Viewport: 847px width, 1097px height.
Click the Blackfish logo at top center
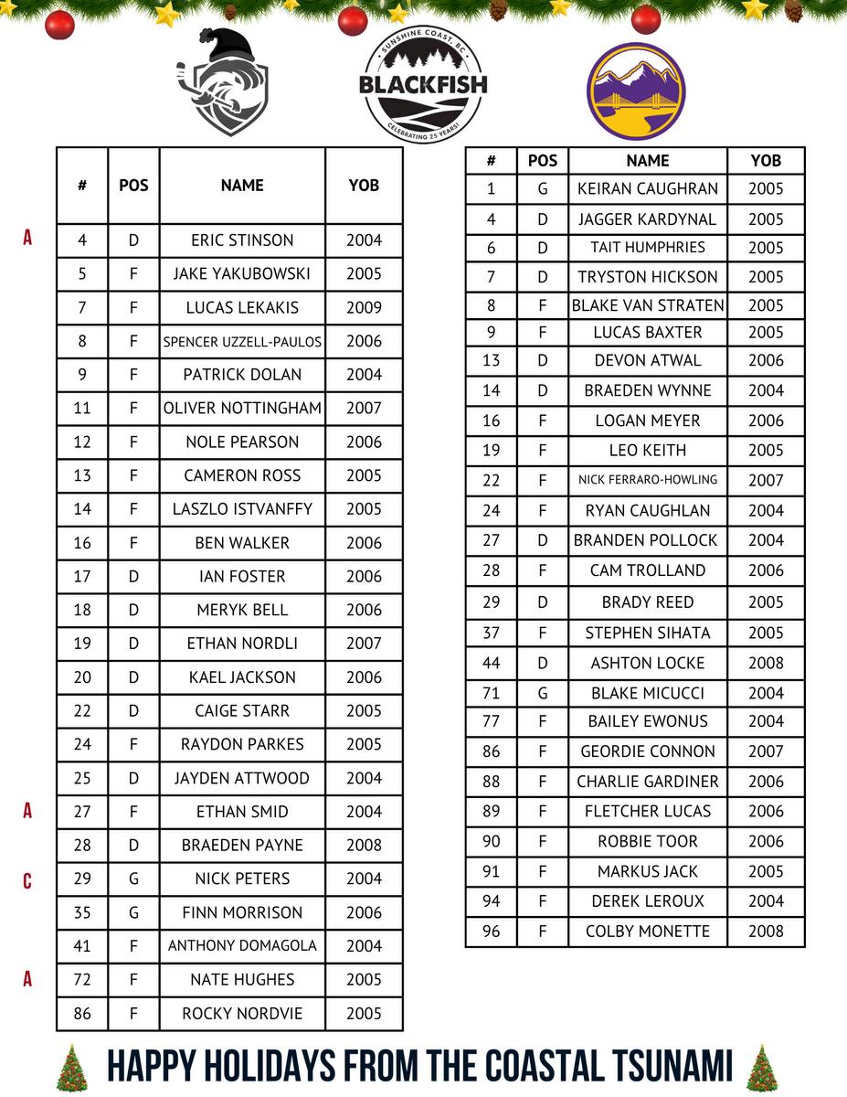click(423, 85)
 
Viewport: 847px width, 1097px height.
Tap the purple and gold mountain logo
click(636, 91)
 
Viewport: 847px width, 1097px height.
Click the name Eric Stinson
click(242, 240)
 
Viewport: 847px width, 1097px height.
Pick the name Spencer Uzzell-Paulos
click(242, 342)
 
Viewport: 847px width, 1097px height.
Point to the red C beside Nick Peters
click(27, 881)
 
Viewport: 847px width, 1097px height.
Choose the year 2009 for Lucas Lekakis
click(364, 308)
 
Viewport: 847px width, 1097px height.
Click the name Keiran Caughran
click(648, 189)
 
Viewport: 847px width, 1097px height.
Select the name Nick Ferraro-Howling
click(648, 480)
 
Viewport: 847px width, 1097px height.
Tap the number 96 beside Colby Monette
click(492, 932)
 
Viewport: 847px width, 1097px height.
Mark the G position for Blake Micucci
click(543, 693)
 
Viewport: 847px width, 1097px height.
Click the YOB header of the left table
click(364, 185)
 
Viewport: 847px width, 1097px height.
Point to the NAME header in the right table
click(648, 161)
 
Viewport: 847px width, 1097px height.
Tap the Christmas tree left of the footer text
click(70, 1068)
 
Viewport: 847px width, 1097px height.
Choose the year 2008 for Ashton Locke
click(766, 663)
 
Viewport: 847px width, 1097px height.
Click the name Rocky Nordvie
click(242, 1014)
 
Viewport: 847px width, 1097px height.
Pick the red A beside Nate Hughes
click(27, 979)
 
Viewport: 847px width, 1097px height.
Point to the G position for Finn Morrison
click(133, 912)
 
